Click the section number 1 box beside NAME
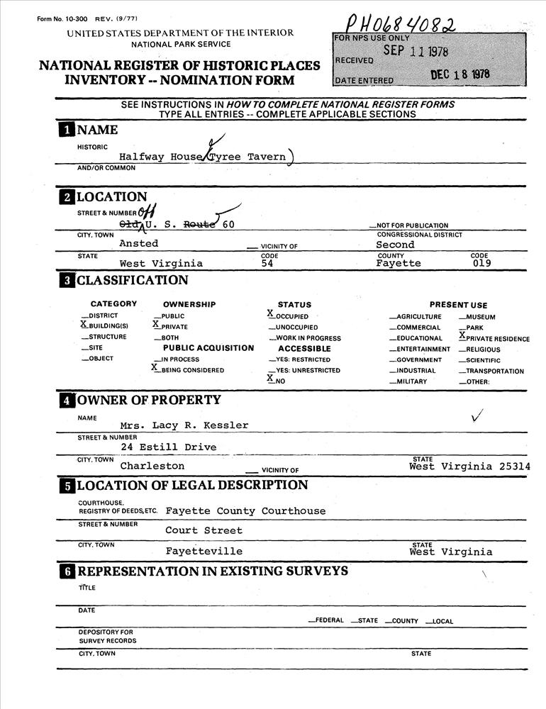click(65, 130)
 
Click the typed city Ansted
click(138, 243)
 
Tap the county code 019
click(481, 263)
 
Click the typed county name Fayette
click(398, 263)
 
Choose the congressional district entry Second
click(395, 244)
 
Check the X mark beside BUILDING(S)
click(84, 323)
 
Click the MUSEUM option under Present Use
click(481, 317)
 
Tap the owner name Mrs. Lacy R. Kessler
click(184, 425)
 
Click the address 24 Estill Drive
click(168, 447)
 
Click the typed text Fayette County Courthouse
click(245, 510)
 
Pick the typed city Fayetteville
click(204, 551)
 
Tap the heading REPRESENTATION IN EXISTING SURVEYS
click(212, 571)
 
